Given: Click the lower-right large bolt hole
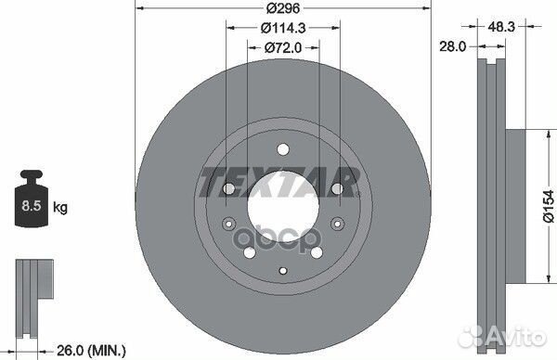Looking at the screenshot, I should point(316,251).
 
